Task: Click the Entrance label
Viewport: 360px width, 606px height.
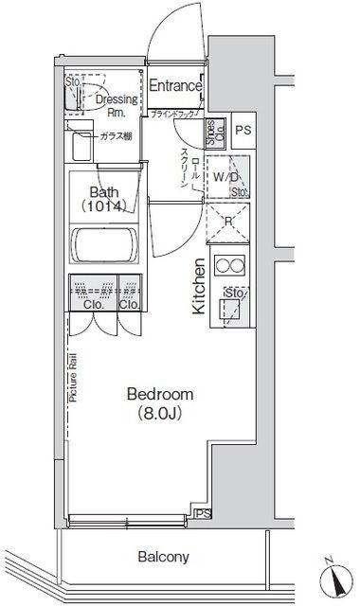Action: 175,86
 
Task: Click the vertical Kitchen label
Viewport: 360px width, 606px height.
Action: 200,286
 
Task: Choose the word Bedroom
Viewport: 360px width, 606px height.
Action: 158,394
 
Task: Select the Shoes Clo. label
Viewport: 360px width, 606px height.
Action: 215,131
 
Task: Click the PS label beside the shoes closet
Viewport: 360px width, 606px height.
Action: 243,131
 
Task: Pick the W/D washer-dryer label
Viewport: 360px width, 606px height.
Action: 225,176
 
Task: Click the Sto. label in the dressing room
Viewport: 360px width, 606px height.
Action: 72,82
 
